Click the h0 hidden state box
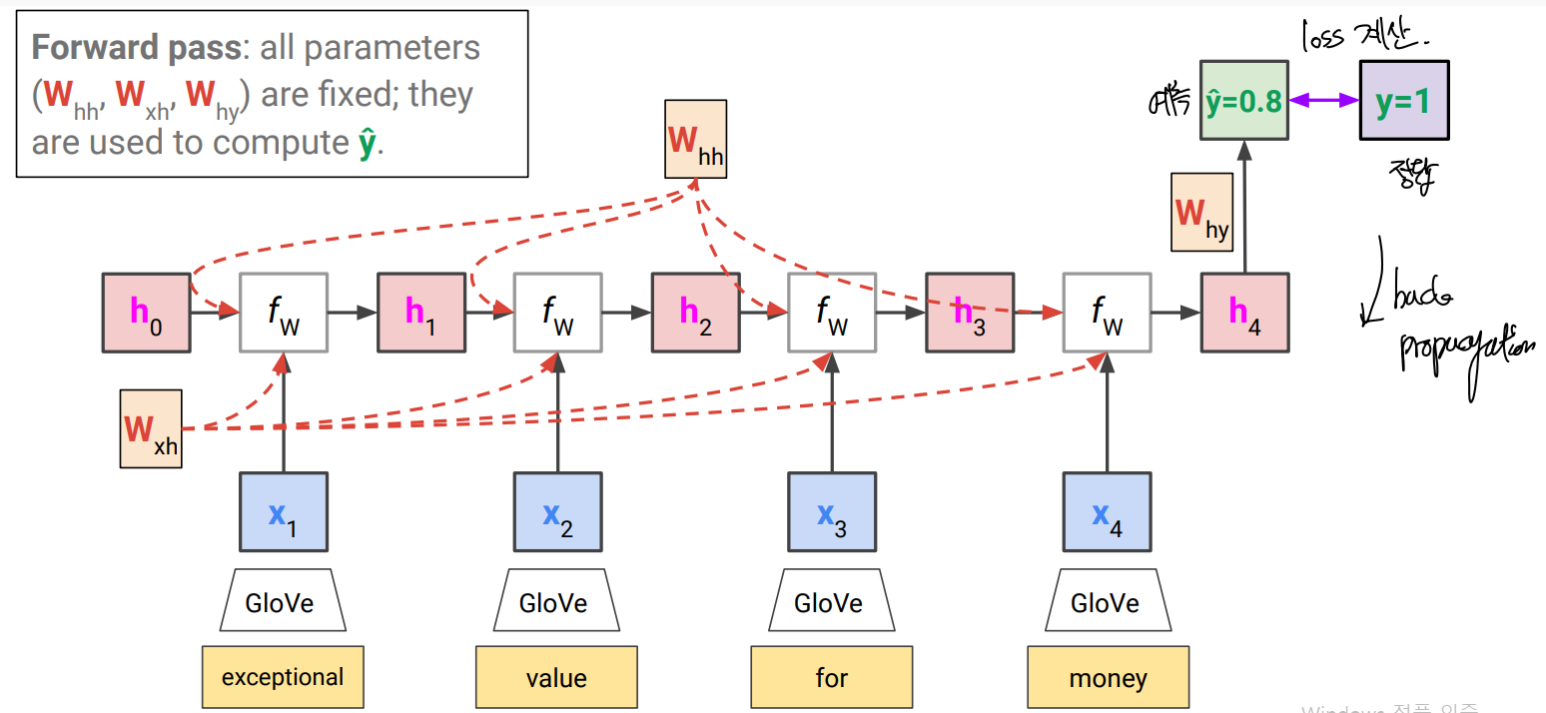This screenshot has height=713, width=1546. (146, 312)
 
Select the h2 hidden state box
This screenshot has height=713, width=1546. (695, 312)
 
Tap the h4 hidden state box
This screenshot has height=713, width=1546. (1244, 312)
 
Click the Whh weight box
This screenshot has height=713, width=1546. (695, 139)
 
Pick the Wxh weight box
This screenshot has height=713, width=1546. (151, 429)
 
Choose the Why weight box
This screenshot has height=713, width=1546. (1201, 213)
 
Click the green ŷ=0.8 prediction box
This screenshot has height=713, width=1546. (1244, 100)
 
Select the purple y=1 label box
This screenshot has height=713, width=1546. (1403, 100)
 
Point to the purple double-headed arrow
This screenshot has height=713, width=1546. (1323, 100)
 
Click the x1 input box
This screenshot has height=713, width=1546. (283, 512)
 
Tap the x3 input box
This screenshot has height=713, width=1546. (831, 512)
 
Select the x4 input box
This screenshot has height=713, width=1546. (1107, 512)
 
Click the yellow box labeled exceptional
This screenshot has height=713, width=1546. (283, 677)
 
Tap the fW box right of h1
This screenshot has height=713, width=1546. (557, 312)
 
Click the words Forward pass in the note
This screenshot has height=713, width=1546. (135, 47)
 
